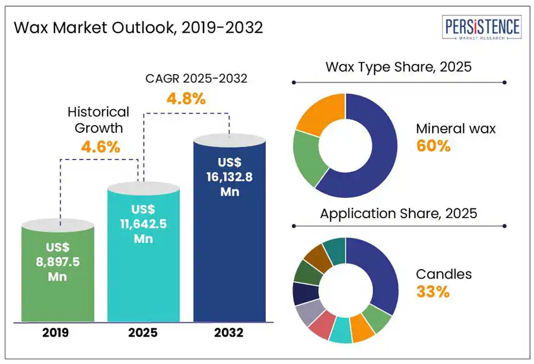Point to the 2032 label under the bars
coord(229,333)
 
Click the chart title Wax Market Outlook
coord(138,28)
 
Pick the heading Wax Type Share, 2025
coord(398,66)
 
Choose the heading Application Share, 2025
coord(398,213)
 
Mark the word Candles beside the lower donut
coord(444,274)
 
